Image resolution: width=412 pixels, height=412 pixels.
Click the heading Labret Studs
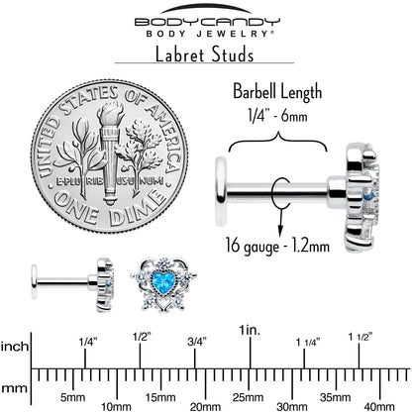204,54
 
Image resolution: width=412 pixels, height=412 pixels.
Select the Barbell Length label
277,91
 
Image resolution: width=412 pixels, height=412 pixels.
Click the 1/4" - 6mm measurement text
277,116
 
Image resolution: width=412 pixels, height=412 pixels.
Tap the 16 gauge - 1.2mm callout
277,246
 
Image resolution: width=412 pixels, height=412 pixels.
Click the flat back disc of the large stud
221,191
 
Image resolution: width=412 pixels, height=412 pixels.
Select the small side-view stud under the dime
72,284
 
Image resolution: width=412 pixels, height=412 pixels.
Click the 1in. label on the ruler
251,330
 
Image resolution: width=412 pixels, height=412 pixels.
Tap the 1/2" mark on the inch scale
142,337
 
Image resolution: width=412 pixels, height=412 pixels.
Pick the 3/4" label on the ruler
197,342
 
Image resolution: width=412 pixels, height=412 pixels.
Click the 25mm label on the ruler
248,397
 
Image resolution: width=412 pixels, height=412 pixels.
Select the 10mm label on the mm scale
116,407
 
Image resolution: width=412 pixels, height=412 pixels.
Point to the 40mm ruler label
379,406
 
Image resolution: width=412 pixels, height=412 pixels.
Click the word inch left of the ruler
15,347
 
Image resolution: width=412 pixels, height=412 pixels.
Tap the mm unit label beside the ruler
14,388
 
